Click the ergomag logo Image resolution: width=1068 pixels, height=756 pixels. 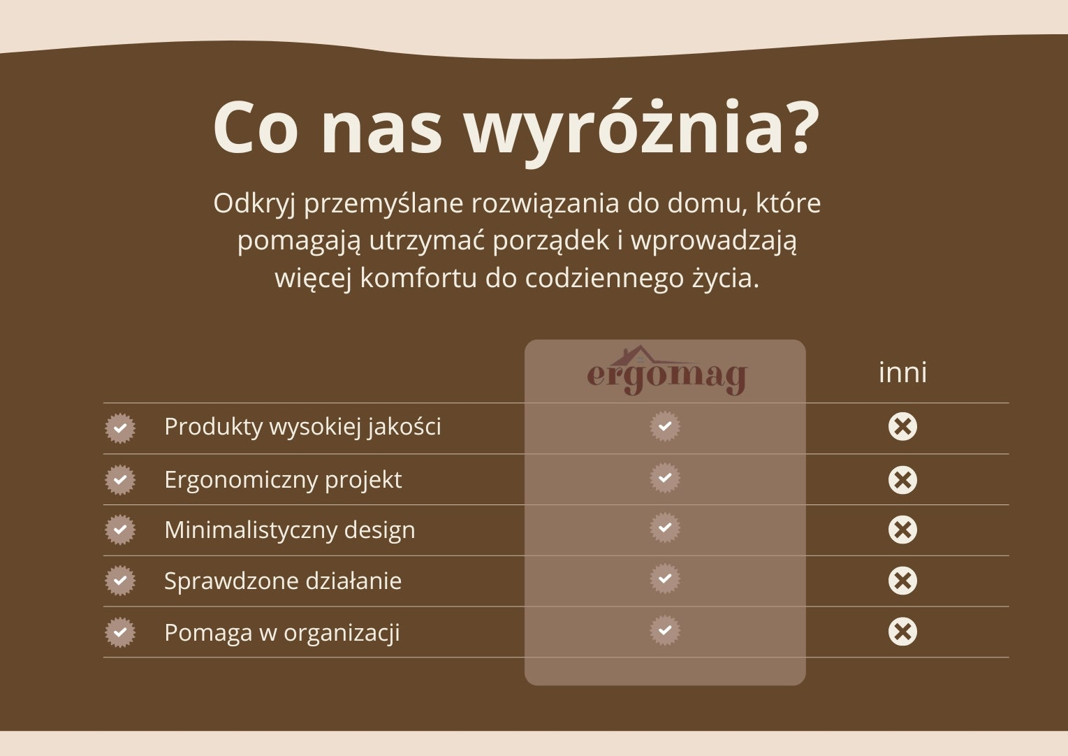(x=666, y=371)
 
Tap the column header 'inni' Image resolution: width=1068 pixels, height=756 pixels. (x=902, y=372)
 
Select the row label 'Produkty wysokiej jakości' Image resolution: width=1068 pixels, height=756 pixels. (x=302, y=426)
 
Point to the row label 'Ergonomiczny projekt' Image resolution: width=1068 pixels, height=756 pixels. (x=283, y=480)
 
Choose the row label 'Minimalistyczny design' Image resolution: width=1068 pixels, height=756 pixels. (x=290, y=530)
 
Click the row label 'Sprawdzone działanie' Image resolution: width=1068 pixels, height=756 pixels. (x=283, y=581)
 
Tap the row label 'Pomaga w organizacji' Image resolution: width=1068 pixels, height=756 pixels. (x=282, y=632)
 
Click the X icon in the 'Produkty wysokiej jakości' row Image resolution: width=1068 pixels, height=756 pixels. (x=902, y=426)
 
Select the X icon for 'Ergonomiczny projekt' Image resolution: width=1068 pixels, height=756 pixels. (x=902, y=480)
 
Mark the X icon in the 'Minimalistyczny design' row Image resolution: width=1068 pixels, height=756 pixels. (x=902, y=530)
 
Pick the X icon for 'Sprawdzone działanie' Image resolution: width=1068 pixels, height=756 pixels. (x=902, y=581)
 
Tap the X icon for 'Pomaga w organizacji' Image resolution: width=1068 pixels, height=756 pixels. (x=902, y=632)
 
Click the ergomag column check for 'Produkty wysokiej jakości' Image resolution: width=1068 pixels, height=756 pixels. (x=665, y=426)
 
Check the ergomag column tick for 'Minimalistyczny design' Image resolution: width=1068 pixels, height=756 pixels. (x=665, y=528)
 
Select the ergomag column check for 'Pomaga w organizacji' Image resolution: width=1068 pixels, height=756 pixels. (x=665, y=630)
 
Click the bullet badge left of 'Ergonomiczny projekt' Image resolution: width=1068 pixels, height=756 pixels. (x=120, y=479)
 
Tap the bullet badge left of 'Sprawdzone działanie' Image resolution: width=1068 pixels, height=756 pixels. (x=120, y=581)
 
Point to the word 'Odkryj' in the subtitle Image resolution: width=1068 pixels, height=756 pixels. (x=255, y=204)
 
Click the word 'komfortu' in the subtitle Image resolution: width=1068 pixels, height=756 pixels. (x=418, y=278)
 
